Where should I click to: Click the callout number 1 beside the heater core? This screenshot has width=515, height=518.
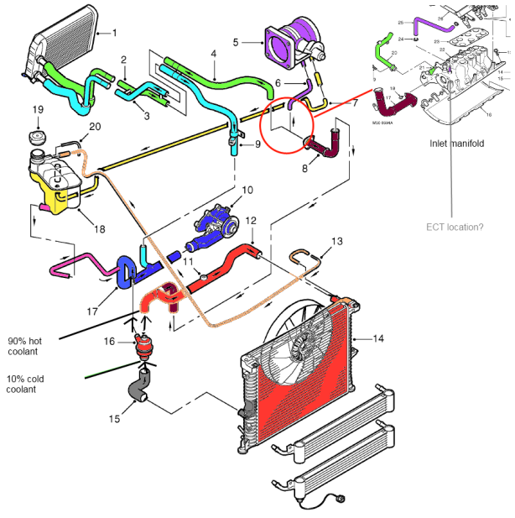115,33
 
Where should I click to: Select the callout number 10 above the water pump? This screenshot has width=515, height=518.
247,190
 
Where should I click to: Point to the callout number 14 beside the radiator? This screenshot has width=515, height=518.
378,338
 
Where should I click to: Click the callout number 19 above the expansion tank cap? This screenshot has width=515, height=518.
38,109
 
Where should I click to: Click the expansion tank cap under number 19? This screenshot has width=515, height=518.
38,139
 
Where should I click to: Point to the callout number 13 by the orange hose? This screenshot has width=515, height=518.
337,240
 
